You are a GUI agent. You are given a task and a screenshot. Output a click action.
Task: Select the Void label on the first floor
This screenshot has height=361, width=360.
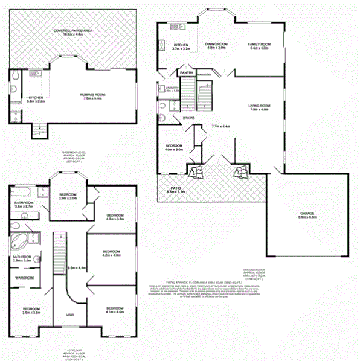tap(70, 315)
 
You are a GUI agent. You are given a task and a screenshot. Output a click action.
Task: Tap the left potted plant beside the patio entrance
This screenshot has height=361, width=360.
tap(196, 172)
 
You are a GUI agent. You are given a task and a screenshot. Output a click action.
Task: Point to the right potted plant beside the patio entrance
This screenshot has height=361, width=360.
tap(240, 172)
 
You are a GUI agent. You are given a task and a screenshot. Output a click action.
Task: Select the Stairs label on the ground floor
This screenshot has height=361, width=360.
tap(179, 118)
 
